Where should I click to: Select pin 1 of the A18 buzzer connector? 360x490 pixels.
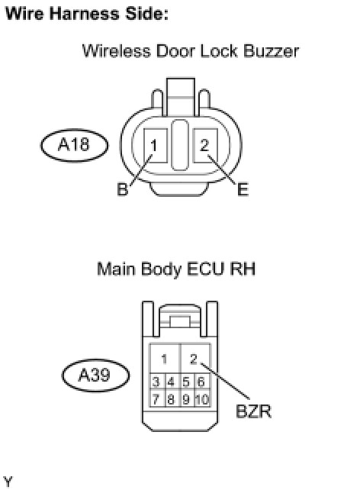tap(155, 146)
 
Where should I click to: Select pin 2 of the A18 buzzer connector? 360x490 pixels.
tap(205, 146)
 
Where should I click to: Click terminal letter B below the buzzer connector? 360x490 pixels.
tap(122, 189)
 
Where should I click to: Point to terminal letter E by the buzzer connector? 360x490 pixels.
tap(243, 190)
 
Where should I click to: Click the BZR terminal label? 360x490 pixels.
tap(253, 411)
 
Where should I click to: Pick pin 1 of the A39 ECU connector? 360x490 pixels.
tap(165, 359)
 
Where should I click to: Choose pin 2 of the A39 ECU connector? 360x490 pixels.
tap(194, 359)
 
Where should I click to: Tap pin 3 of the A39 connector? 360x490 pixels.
tap(156, 382)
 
